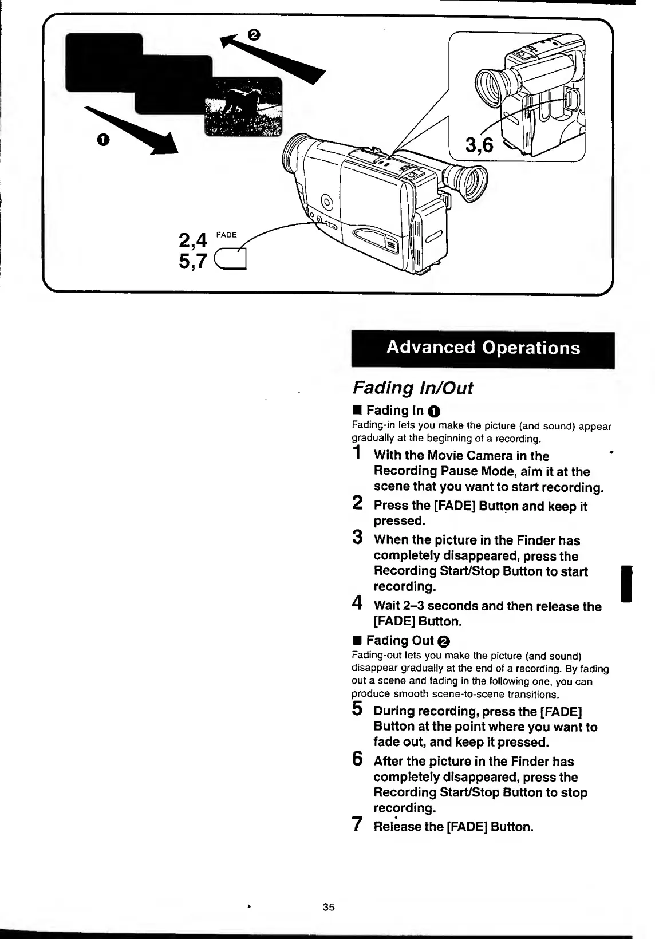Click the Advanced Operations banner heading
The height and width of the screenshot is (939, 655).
click(x=483, y=348)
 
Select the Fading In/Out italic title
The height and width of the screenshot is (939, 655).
click(x=412, y=388)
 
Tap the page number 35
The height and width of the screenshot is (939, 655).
click(x=328, y=907)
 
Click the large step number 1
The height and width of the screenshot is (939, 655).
click(x=357, y=453)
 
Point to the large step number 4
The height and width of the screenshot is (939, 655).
click(x=357, y=603)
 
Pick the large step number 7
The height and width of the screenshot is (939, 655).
click(x=357, y=824)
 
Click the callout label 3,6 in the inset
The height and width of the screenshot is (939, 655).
click(x=479, y=145)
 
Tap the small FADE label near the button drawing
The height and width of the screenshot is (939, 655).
click(x=226, y=235)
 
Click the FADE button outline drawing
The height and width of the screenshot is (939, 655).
click(x=230, y=260)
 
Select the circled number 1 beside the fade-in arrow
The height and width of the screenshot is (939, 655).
click(x=102, y=140)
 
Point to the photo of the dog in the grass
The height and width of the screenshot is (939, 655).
click(x=243, y=108)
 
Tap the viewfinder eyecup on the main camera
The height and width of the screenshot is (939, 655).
click(x=469, y=183)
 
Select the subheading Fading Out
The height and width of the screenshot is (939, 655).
click(x=400, y=640)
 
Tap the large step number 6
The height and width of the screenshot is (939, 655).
click(x=357, y=759)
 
